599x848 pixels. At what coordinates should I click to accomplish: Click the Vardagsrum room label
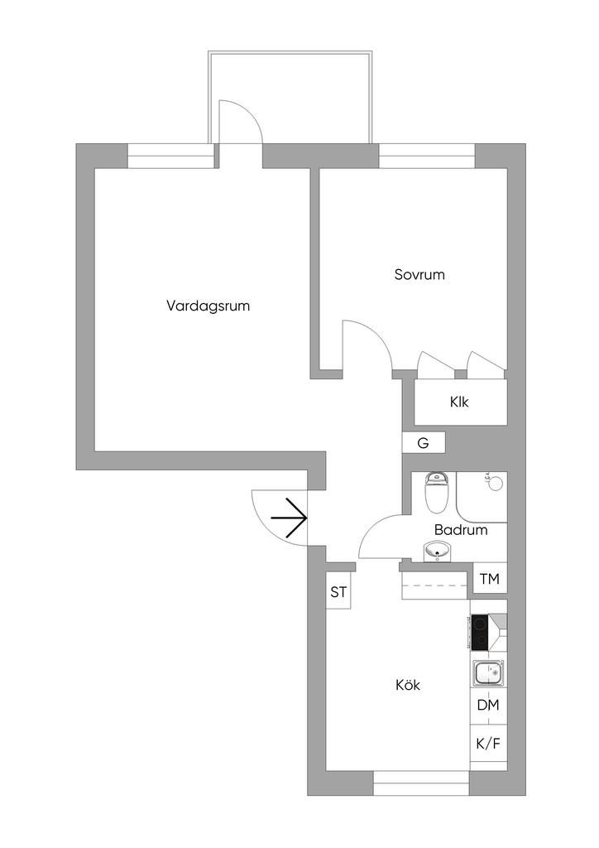pos(208,306)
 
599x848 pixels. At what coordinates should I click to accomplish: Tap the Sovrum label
pos(419,274)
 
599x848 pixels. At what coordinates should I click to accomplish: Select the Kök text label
pos(408,686)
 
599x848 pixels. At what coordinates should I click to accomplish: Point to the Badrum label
pos(460,530)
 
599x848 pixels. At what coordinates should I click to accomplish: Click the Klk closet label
pos(459,402)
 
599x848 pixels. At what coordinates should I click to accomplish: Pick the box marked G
pos(423,443)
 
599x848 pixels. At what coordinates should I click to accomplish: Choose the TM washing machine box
pos(489,580)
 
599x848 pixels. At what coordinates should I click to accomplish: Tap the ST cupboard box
pos(338,592)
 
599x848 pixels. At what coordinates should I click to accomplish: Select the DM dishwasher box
pos(487,706)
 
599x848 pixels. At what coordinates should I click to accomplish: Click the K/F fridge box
pos(487,744)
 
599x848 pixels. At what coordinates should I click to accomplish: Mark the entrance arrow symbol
pos(290,518)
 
